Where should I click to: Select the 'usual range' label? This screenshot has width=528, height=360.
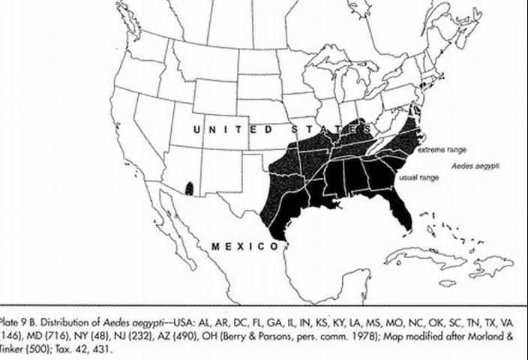click(x=418, y=178)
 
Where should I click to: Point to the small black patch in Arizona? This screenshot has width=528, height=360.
click(x=189, y=187)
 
